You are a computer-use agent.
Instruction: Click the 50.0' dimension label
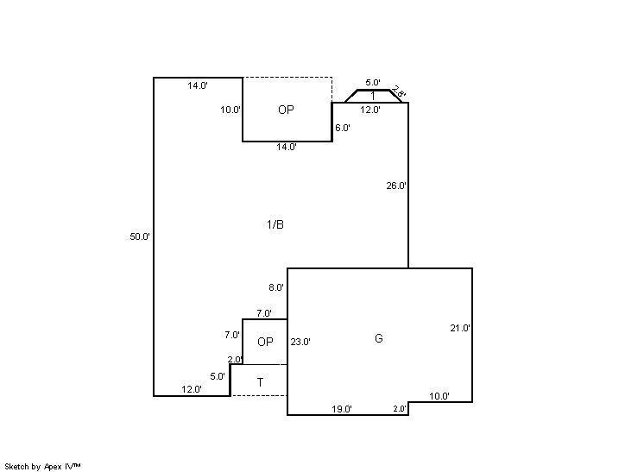(140, 236)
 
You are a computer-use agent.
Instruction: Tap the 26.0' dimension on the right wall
(396, 186)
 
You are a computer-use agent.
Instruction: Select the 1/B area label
(275, 224)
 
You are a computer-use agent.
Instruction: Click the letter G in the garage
(379, 338)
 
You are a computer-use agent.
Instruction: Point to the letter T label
(260, 382)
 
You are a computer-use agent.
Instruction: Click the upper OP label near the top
(286, 110)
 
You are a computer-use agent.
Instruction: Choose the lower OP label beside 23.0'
(265, 342)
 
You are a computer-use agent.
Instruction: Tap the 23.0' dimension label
(300, 342)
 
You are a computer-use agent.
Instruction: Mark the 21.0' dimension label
(460, 328)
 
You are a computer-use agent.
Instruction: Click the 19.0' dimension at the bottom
(342, 409)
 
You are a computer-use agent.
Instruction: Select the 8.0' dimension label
(276, 287)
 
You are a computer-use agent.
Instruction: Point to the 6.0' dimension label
(342, 128)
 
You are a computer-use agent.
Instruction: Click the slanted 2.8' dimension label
(399, 92)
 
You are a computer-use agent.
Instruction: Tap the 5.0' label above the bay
(373, 83)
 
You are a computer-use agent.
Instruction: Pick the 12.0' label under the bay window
(370, 110)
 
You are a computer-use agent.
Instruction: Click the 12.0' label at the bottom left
(192, 389)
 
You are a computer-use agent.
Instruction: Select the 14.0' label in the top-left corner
(198, 85)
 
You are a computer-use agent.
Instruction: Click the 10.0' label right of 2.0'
(439, 396)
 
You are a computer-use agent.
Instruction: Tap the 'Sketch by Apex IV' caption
(42, 466)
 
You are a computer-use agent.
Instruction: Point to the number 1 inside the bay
(373, 97)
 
